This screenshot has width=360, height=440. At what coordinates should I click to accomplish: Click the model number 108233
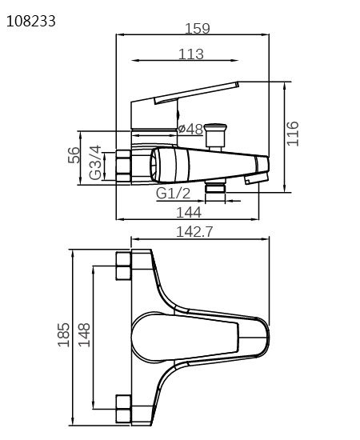point(31,22)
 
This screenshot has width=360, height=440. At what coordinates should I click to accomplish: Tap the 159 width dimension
point(198,28)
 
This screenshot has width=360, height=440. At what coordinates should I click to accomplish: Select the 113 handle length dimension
point(191,54)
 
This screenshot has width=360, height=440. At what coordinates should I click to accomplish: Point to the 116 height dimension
point(292,134)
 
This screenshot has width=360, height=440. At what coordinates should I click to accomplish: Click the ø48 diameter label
point(190,129)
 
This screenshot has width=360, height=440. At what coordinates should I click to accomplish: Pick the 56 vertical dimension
point(74,155)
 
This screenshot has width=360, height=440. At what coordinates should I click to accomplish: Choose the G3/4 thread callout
point(95,162)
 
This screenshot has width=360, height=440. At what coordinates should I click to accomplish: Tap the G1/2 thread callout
point(173,194)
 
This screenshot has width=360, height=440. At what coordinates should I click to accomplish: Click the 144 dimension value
point(189,213)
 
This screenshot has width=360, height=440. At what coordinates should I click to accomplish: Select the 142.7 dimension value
point(194,232)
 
